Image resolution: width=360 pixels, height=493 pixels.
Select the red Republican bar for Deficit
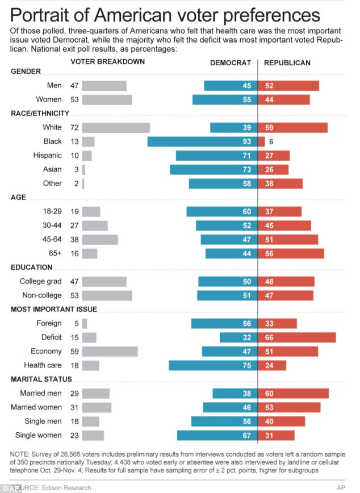click(x=296, y=337)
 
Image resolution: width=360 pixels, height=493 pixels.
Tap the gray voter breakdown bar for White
click(x=116, y=128)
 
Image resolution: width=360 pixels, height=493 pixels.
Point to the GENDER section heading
click(x=26, y=72)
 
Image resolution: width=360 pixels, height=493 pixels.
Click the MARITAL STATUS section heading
click(x=41, y=379)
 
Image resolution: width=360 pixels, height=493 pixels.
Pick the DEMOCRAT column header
click(x=231, y=63)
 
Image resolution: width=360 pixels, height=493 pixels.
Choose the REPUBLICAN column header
click(x=287, y=63)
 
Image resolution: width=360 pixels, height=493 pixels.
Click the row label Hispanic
click(x=49, y=156)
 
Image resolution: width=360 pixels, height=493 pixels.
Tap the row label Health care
click(x=43, y=365)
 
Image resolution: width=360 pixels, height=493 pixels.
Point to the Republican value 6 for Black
click(x=271, y=141)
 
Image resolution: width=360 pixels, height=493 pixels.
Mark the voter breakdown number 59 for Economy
click(x=74, y=351)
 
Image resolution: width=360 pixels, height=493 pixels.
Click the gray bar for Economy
click(x=110, y=351)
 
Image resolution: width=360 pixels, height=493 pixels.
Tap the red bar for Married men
click(x=293, y=393)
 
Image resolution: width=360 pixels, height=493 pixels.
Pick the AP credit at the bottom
click(x=341, y=487)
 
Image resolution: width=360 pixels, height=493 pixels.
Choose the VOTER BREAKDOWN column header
click(x=107, y=61)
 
